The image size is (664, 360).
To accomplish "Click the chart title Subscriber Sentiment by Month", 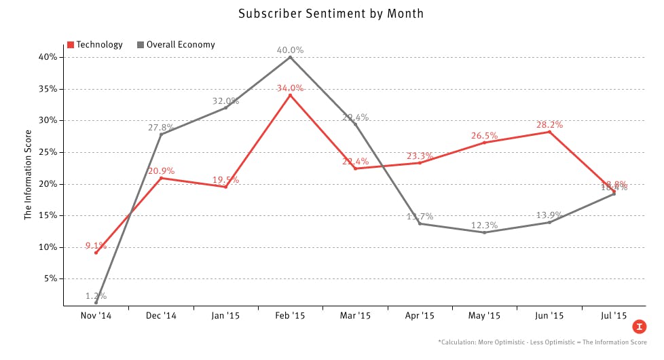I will coord(331,14).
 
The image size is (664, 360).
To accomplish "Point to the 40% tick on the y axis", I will coord(47,57).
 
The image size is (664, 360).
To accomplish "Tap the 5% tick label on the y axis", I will coord(49,278).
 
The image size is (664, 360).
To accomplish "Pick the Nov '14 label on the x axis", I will coord(96,316).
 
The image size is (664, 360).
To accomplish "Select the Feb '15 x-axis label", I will coord(290,316).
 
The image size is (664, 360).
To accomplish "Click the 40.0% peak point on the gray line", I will coord(290,57).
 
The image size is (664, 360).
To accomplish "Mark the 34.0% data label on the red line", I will coord(290,88).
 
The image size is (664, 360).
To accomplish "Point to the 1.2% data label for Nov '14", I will coord(96,295).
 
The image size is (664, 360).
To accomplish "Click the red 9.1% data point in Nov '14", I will coord(96,253).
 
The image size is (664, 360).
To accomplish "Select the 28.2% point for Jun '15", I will coord(549,132).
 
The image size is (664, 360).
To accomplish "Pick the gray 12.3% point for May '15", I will coord(485,232).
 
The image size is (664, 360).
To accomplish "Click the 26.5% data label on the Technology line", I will coord(485,135).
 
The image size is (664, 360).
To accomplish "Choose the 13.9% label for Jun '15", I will coord(549,215).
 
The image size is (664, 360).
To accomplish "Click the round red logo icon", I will coord(639,327).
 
